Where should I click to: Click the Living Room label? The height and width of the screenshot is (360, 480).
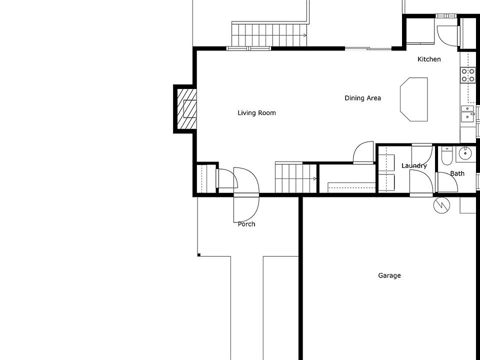[x=256, y=113]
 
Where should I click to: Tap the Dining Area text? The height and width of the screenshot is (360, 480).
[x=362, y=98]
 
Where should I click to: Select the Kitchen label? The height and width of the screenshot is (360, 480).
[x=429, y=59]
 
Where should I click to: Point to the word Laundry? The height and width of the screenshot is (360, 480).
[x=414, y=165]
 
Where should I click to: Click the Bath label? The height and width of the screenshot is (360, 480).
[x=457, y=173]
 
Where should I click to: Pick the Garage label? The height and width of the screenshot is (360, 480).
[x=389, y=275]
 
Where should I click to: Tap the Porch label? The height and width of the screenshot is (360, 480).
[x=246, y=224]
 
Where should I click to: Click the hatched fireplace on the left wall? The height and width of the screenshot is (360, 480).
[x=185, y=109]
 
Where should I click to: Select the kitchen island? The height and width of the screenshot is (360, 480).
[x=414, y=99]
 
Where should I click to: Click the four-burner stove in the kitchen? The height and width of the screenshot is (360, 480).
[x=468, y=75]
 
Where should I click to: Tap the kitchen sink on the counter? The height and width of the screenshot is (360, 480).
[x=467, y=113]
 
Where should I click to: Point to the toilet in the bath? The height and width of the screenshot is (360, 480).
[x=446, y=156]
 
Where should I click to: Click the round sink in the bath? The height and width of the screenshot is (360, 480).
[x=466, y=153]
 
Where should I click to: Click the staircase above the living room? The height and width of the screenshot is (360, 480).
[x=268, y=34]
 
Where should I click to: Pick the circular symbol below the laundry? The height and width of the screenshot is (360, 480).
[x=441, y=205]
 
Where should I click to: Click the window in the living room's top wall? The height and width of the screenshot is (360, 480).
[x=248, y=48]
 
